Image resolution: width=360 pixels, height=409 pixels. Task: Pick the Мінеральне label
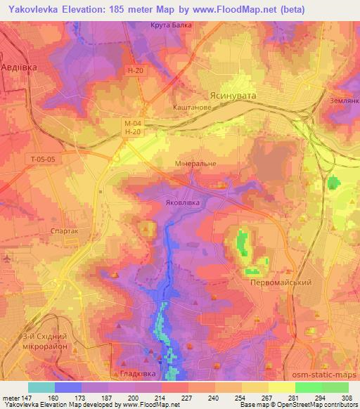click(195, 163)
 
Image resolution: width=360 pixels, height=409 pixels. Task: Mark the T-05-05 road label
click(44, 159)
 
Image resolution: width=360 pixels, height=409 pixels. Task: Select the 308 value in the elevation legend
click(347, 398)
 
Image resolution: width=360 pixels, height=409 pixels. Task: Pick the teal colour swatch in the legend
click(41, 387)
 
